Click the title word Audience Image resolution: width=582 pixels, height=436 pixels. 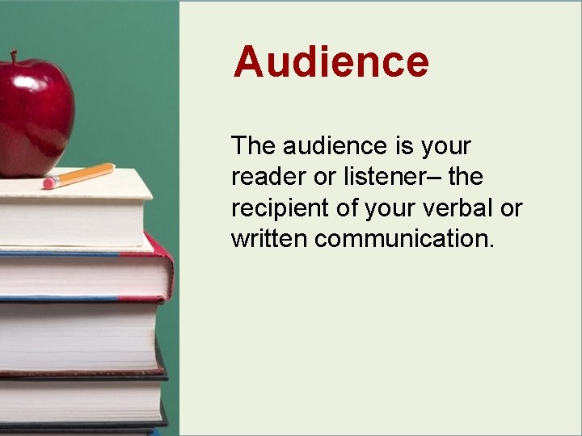[x=331, y=61]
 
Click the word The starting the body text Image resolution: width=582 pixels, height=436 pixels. [x=253, y=146]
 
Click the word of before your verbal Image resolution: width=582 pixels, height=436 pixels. [x=348, y=208]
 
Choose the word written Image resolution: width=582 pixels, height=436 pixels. [x=269, y=238]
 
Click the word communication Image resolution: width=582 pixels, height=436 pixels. [x=400, y=238]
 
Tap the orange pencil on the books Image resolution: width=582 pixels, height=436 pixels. [x=81, y=175]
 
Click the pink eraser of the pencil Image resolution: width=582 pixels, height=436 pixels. [x=48, y=183]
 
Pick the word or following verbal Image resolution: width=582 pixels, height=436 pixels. [x=512, y=208]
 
